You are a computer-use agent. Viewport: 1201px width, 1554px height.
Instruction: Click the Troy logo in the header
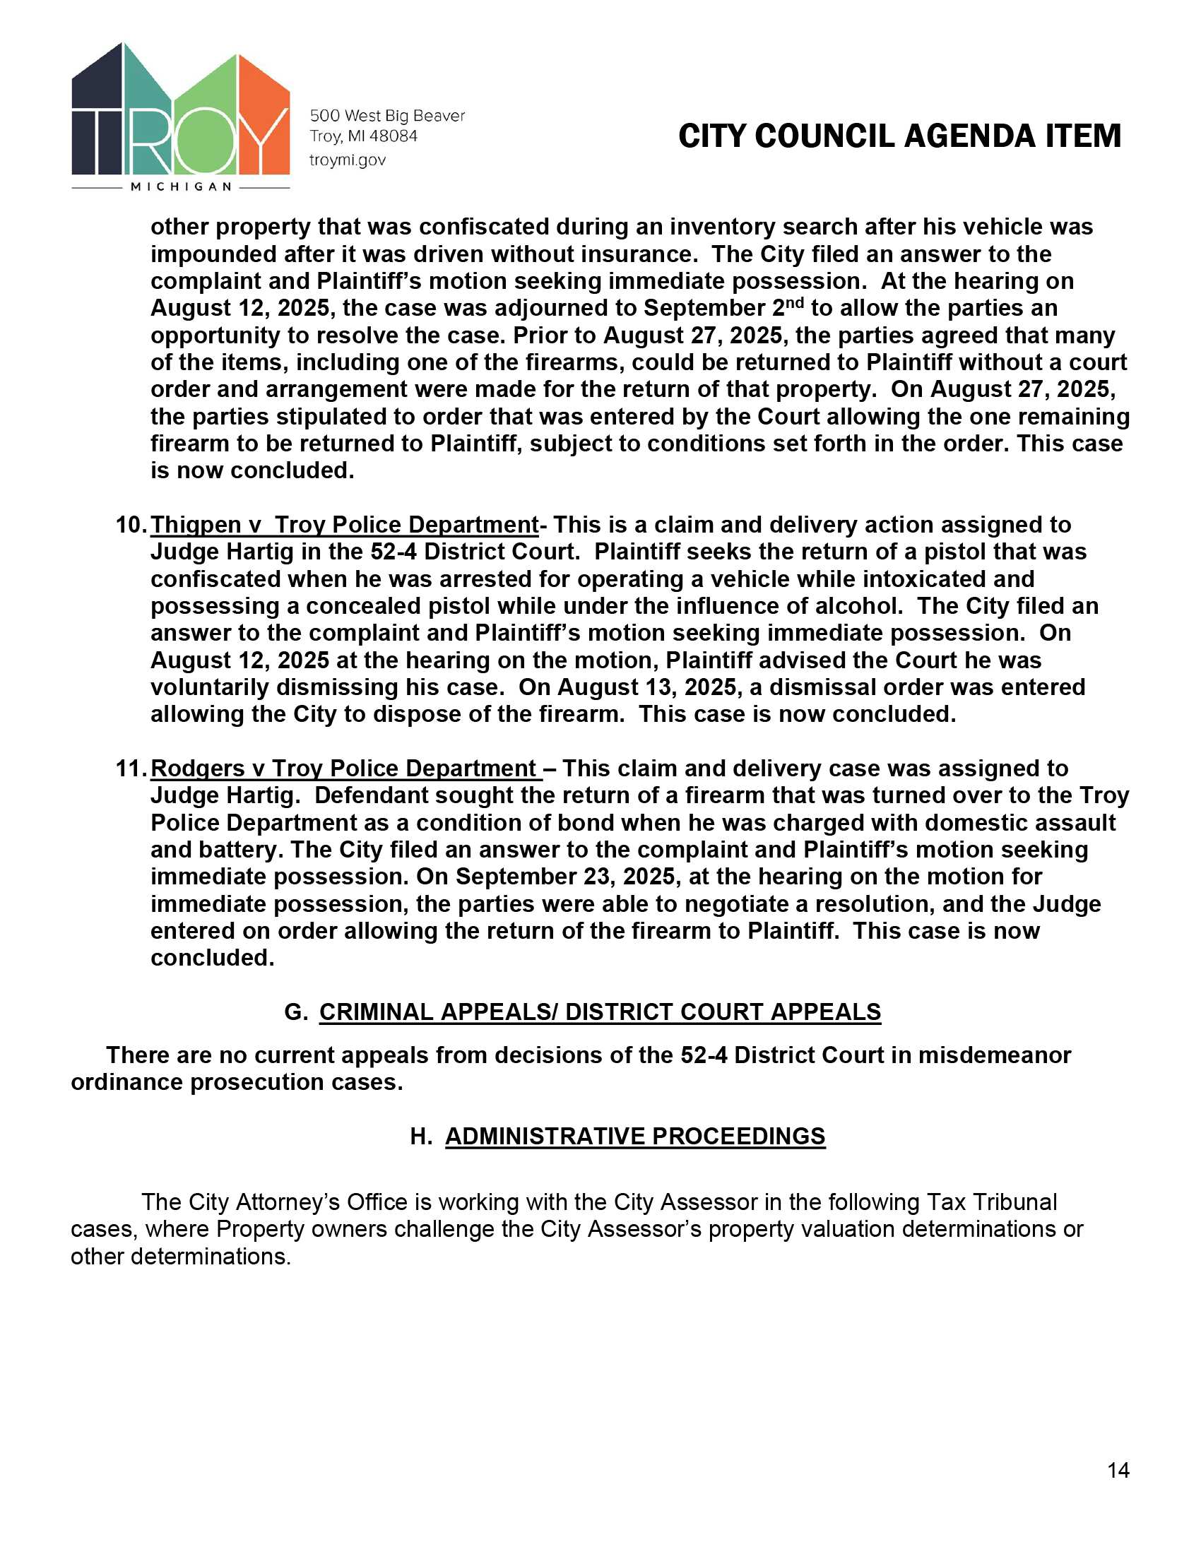(181, 114)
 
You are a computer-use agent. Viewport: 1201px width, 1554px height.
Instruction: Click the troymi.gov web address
(347, 160)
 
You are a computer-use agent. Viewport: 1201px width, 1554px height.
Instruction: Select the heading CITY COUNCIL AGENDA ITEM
(899, 136)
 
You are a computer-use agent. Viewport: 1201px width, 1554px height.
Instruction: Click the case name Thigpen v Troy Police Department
(344, 525)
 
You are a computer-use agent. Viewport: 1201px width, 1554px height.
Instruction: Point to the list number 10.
(130, 525)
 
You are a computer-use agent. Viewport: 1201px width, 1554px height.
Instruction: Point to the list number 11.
(130, 769)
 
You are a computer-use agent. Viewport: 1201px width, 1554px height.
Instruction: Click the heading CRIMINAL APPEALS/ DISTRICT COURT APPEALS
(600, 1012)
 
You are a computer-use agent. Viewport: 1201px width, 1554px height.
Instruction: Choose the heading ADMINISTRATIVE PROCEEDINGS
(634, 1137)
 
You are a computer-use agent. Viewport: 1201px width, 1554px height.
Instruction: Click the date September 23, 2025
(566, 877)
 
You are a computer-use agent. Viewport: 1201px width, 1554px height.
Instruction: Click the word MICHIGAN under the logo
(181, 186)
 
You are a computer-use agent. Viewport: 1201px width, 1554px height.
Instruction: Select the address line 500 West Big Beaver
(387, 116)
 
